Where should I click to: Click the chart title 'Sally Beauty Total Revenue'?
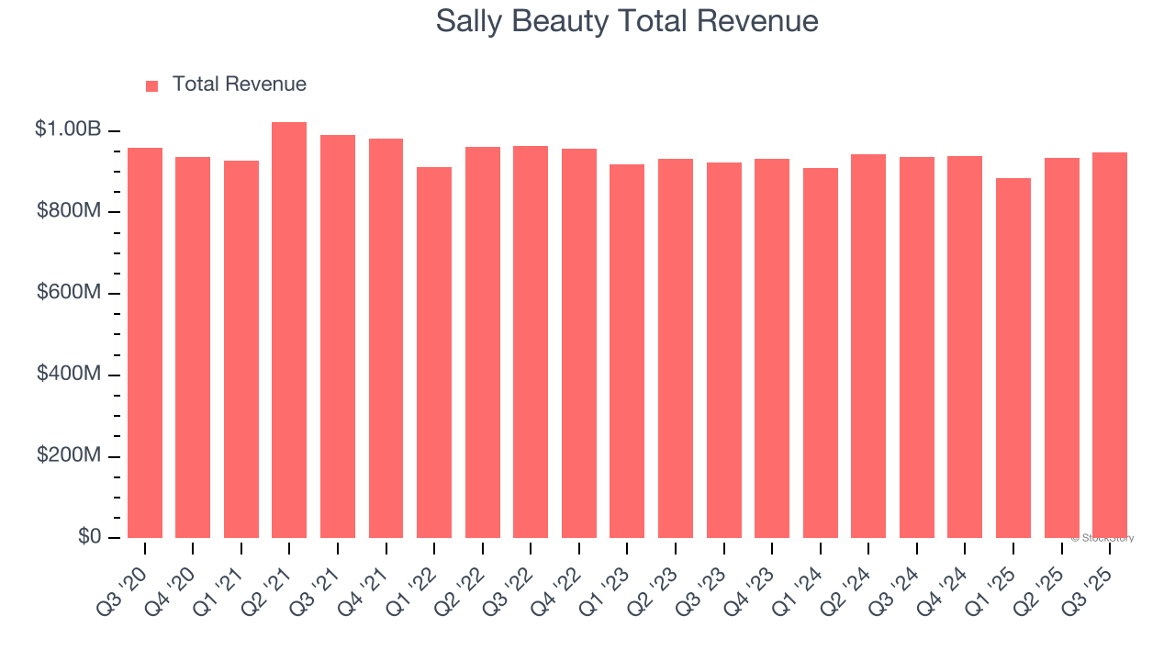tap(627, 21)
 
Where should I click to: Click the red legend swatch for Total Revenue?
tap(151, 85)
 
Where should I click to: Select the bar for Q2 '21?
tap(289, 330)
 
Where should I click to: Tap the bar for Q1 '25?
tap(1013, 358)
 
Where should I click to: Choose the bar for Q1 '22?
tap(434, 353)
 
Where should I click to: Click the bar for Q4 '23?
tap(772, 349)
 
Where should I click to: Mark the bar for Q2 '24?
tap(868, 346)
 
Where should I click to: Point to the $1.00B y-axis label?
tap(68, 129)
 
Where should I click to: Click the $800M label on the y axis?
tap(69, 211)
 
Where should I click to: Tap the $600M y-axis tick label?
tap(69, 293)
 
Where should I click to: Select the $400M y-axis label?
tap(69, 375)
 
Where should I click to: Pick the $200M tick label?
tap(69, 456)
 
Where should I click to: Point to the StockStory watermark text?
tap(1102, 538)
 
